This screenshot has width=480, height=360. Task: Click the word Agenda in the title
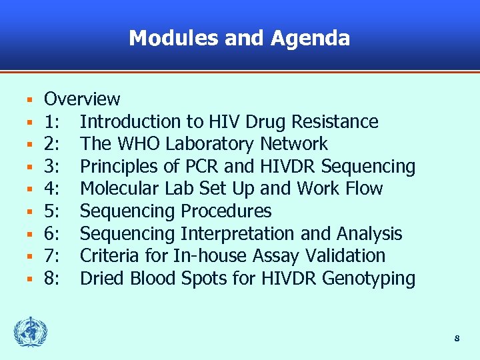[x=310, y=39]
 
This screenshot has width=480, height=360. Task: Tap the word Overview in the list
[x=82, y=99]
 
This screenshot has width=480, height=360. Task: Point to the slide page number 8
[x=457, y=339]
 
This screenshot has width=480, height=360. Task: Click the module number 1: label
[x=53, y=122]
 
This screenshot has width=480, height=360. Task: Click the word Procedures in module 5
[x=226, y=211]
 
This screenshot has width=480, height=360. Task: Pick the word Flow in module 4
[x=364, y=189]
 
